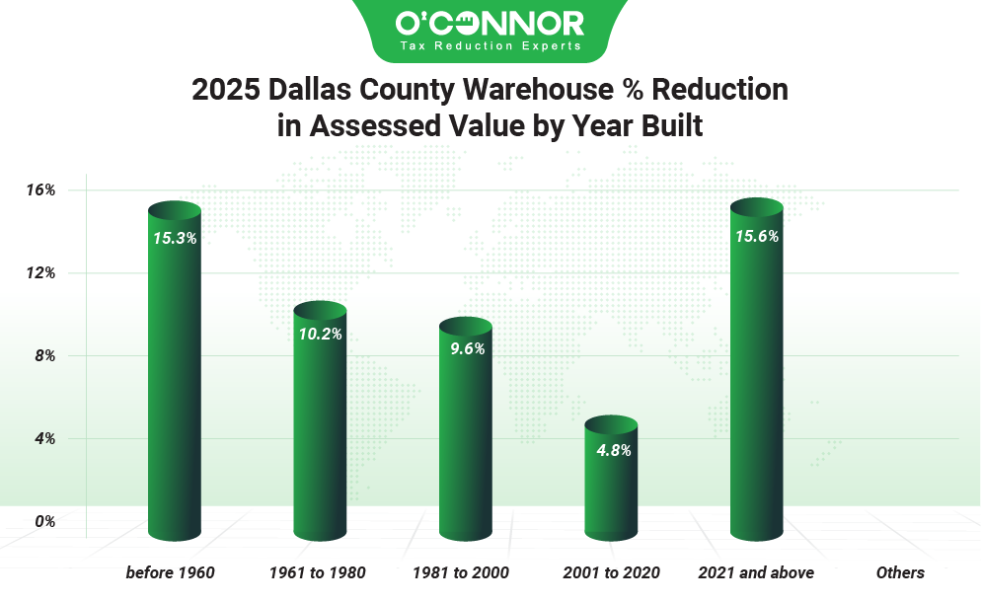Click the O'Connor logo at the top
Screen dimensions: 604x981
pos(490,23)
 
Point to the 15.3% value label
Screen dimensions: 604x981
pos(175,238)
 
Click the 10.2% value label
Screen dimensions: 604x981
pos(320,334)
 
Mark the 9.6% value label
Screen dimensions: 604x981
pos(465,349)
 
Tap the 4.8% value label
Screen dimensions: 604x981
pos(611,450)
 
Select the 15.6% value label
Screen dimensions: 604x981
pos(757,236)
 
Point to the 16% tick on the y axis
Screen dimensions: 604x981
pos(39,189)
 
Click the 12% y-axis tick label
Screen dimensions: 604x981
pos(39,272)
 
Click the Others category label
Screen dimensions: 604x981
pos(900,572)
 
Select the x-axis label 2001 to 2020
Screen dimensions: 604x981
pos(611,572)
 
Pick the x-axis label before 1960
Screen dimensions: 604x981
pos(170,572)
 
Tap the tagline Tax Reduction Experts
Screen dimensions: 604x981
pos(490,45)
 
